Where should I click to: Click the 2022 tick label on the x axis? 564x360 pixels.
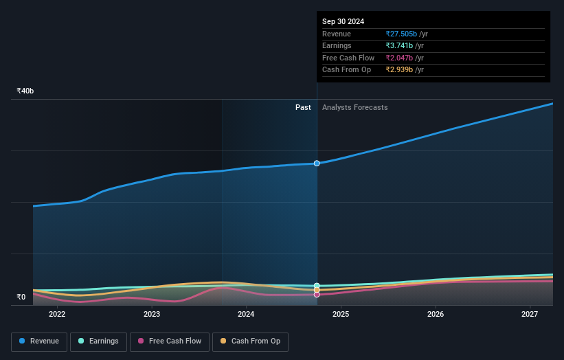[57, 314]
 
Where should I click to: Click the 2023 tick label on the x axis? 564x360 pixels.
[152, 314]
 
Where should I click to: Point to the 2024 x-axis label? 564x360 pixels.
[246, 314]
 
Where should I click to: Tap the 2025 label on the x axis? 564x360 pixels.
[341, 314]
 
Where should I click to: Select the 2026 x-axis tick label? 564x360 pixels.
[436, 314]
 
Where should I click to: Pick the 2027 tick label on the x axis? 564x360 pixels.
[530, 314]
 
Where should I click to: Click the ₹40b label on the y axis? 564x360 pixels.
[25, 91]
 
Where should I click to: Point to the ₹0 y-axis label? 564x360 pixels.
[21, 297]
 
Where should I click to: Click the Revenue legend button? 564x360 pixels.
[39, 341]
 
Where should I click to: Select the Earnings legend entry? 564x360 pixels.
[98, 341]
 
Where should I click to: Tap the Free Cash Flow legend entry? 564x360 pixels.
[169, 341]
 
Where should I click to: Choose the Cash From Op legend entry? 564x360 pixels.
[250, 341]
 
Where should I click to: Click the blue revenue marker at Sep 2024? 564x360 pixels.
[317, 164]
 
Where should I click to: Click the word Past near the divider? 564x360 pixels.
[303, 107]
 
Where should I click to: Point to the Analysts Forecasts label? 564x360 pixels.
[354, 107]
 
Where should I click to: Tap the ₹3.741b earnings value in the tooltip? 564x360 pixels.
[400, 46]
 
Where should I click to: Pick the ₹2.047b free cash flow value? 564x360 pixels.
[400, 58]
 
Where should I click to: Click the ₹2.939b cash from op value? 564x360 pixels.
[400, 70]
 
